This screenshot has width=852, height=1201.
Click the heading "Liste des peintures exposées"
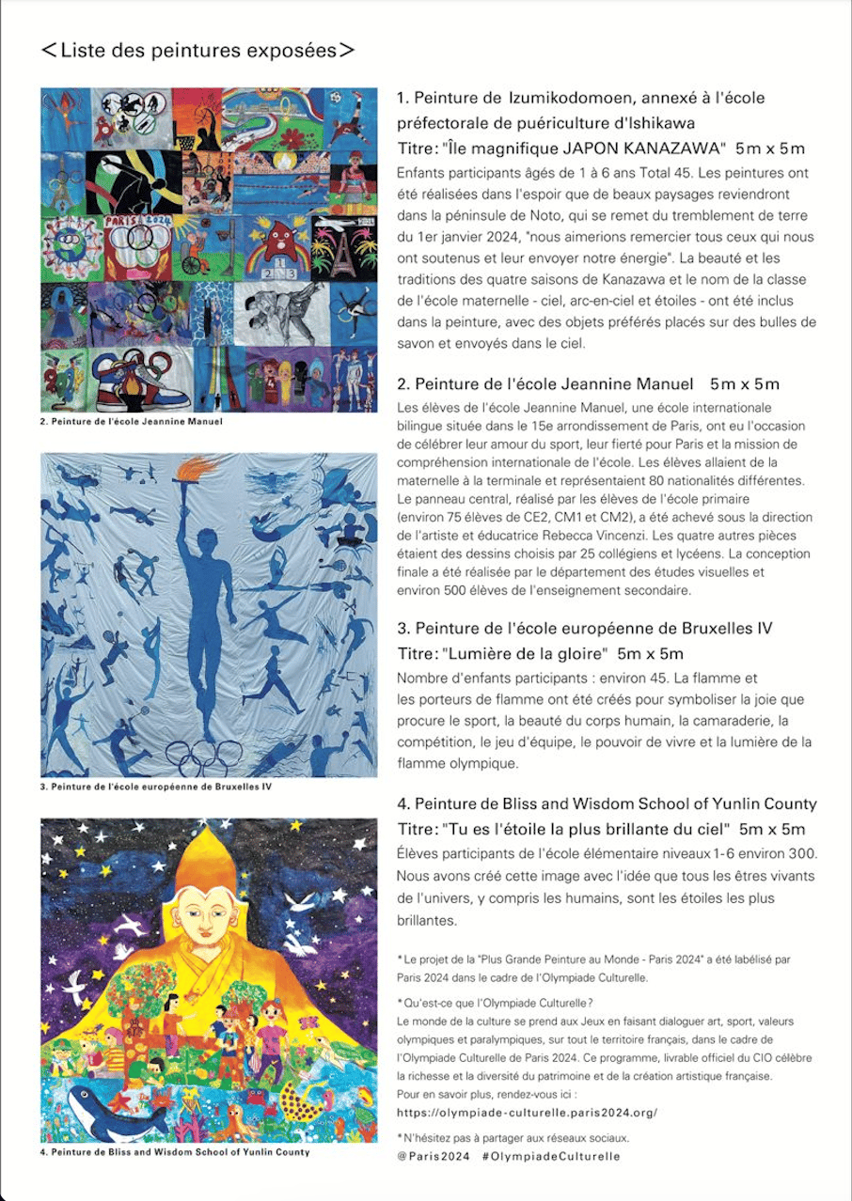click(x=198, y=51)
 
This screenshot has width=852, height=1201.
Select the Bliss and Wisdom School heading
click(x=607, y=803)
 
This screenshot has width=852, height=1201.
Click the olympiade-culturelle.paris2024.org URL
click(x=527, y=1113)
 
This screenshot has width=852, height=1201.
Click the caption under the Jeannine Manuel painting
click(x=132, y=422)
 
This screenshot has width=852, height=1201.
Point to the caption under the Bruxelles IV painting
click(x=156, y=787)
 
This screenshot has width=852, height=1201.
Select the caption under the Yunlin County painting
click(x=175, y=1151)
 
